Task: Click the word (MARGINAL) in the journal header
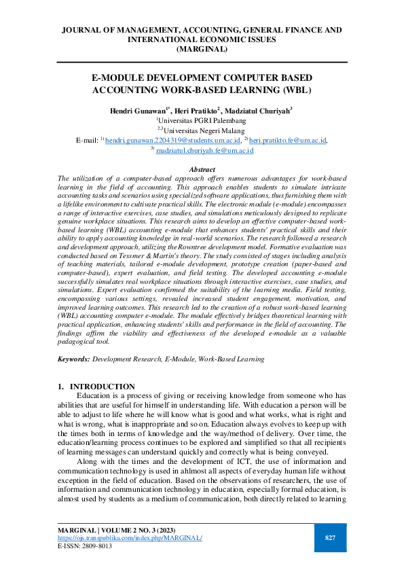pyautogui.click(x=202, y=50)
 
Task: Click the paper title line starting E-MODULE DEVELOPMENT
pyautogui.click(x=202, y=78)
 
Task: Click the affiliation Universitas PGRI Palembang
pyautogui.click(x=202, y=120)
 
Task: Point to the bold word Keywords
pyautogui.click(x=73, y=359)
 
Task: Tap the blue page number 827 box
pyautogui.click(x=331, y=538)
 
